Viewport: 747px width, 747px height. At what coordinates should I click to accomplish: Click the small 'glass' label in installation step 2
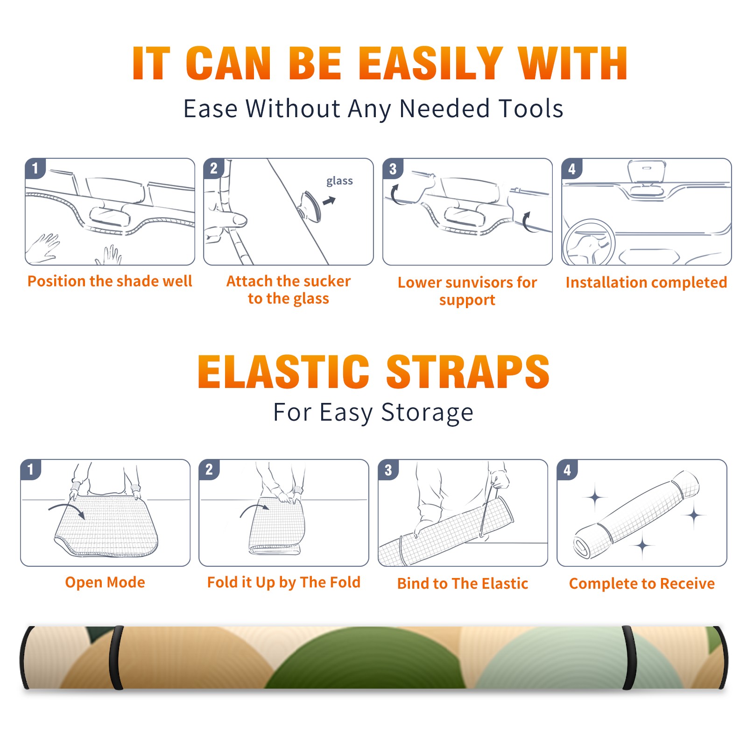coord(339,181)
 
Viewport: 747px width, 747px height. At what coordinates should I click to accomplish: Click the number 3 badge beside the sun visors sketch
coord(393,169)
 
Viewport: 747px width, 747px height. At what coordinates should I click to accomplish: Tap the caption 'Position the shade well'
coord(110,281)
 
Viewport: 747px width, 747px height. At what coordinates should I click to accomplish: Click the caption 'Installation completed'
coord(646,282)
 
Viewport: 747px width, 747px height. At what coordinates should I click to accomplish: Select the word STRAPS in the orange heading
coord(468,372)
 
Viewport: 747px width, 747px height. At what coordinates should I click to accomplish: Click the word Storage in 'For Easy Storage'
coord(427,413)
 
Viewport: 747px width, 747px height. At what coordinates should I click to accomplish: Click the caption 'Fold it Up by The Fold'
coord(284,582)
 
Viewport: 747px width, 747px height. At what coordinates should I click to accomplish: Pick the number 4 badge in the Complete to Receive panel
coord(567,470)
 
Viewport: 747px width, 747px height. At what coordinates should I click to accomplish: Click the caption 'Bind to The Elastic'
coord(463,584)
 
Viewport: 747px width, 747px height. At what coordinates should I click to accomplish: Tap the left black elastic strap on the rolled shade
coord(116,657)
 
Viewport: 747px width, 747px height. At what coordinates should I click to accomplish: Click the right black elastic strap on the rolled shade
coord(628,657)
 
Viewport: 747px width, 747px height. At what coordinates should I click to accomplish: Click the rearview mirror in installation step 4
coord(646,173)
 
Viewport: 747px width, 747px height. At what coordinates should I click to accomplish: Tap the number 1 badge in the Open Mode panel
coord(30,470)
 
